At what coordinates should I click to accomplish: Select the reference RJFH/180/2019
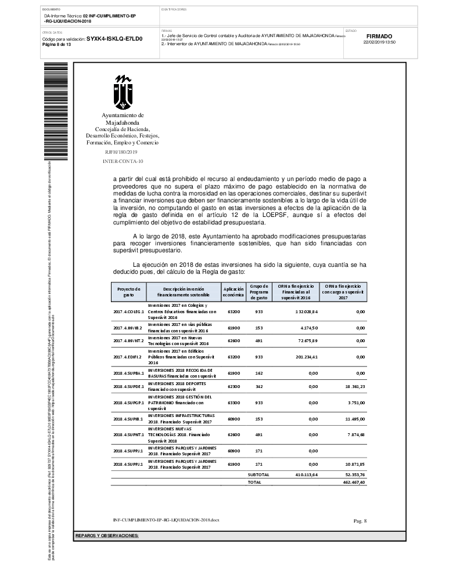(x=121, y=151)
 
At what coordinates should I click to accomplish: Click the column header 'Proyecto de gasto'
(x=129, y=292)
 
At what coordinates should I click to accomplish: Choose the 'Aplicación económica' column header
(x=233, y=292)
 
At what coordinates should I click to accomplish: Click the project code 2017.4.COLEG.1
(x=128, y=311)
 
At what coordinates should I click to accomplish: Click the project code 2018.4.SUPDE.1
(x=128, y=386)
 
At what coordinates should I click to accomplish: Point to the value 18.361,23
(x=353, y=386)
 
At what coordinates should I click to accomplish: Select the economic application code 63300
(x=233, y=401)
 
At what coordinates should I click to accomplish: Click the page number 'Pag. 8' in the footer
(x=360, y=521)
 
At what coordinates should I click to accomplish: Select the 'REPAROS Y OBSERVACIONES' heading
(x=107, y=535)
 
